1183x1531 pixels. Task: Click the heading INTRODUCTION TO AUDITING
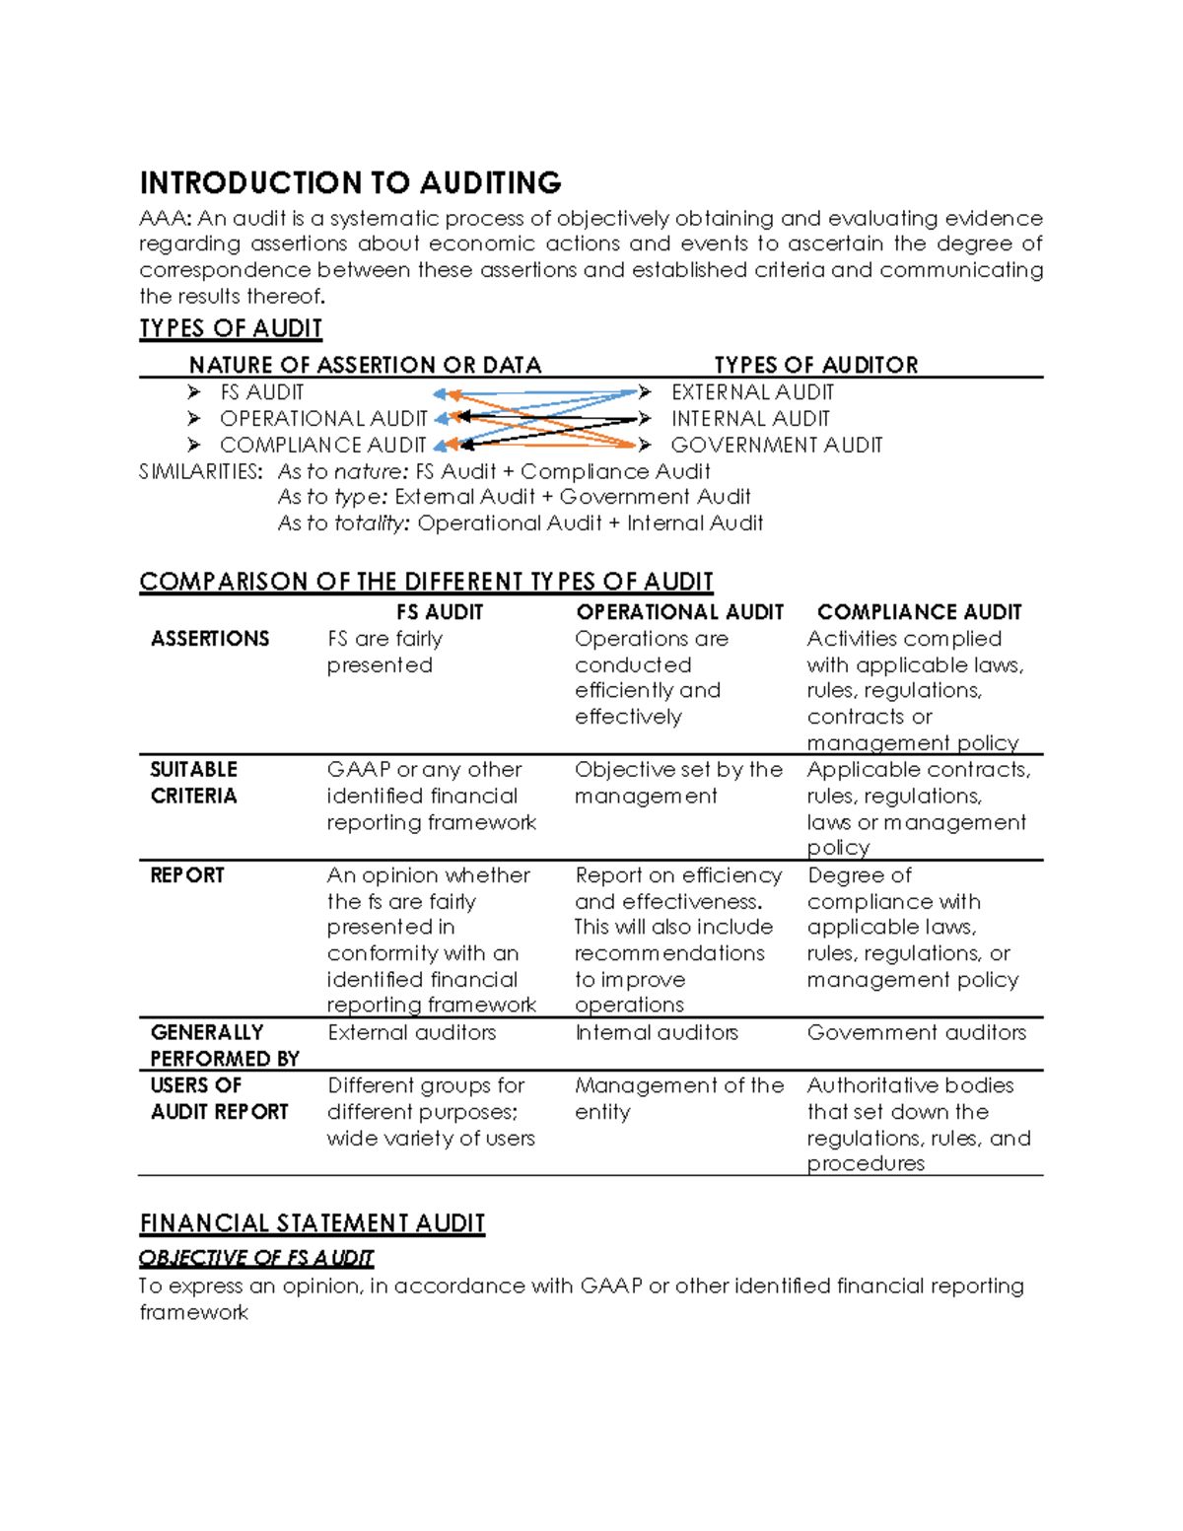point(350,183)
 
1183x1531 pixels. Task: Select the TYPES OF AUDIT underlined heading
point(231,328)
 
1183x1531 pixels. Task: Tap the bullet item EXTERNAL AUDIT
point(752,392)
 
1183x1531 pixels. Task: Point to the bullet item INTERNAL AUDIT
point(750,419)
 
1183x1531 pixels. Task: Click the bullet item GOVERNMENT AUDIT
point(776,446)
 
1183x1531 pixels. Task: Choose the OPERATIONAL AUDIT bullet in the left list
point(323,419)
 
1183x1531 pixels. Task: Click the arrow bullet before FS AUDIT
point(193,392)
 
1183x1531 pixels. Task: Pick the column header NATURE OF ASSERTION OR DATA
point(365,365)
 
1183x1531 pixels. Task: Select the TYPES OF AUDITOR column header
point(815,365)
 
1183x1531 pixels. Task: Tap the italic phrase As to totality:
point(343,523)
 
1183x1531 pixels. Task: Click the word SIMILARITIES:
point(201,471)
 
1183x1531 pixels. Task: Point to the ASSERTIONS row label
point(210,639)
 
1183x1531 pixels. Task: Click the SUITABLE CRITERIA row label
point(194,783)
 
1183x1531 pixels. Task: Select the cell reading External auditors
point(411,1032)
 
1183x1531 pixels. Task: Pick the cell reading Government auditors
point(916,1032)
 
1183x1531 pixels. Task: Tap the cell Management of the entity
point(678,1098)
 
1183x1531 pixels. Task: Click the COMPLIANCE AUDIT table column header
point(919,612)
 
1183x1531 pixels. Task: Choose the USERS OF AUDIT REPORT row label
point(219,1098)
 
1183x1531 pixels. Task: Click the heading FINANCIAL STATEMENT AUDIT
point(312,1223)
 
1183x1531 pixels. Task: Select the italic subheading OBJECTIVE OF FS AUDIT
point(256,1258)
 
